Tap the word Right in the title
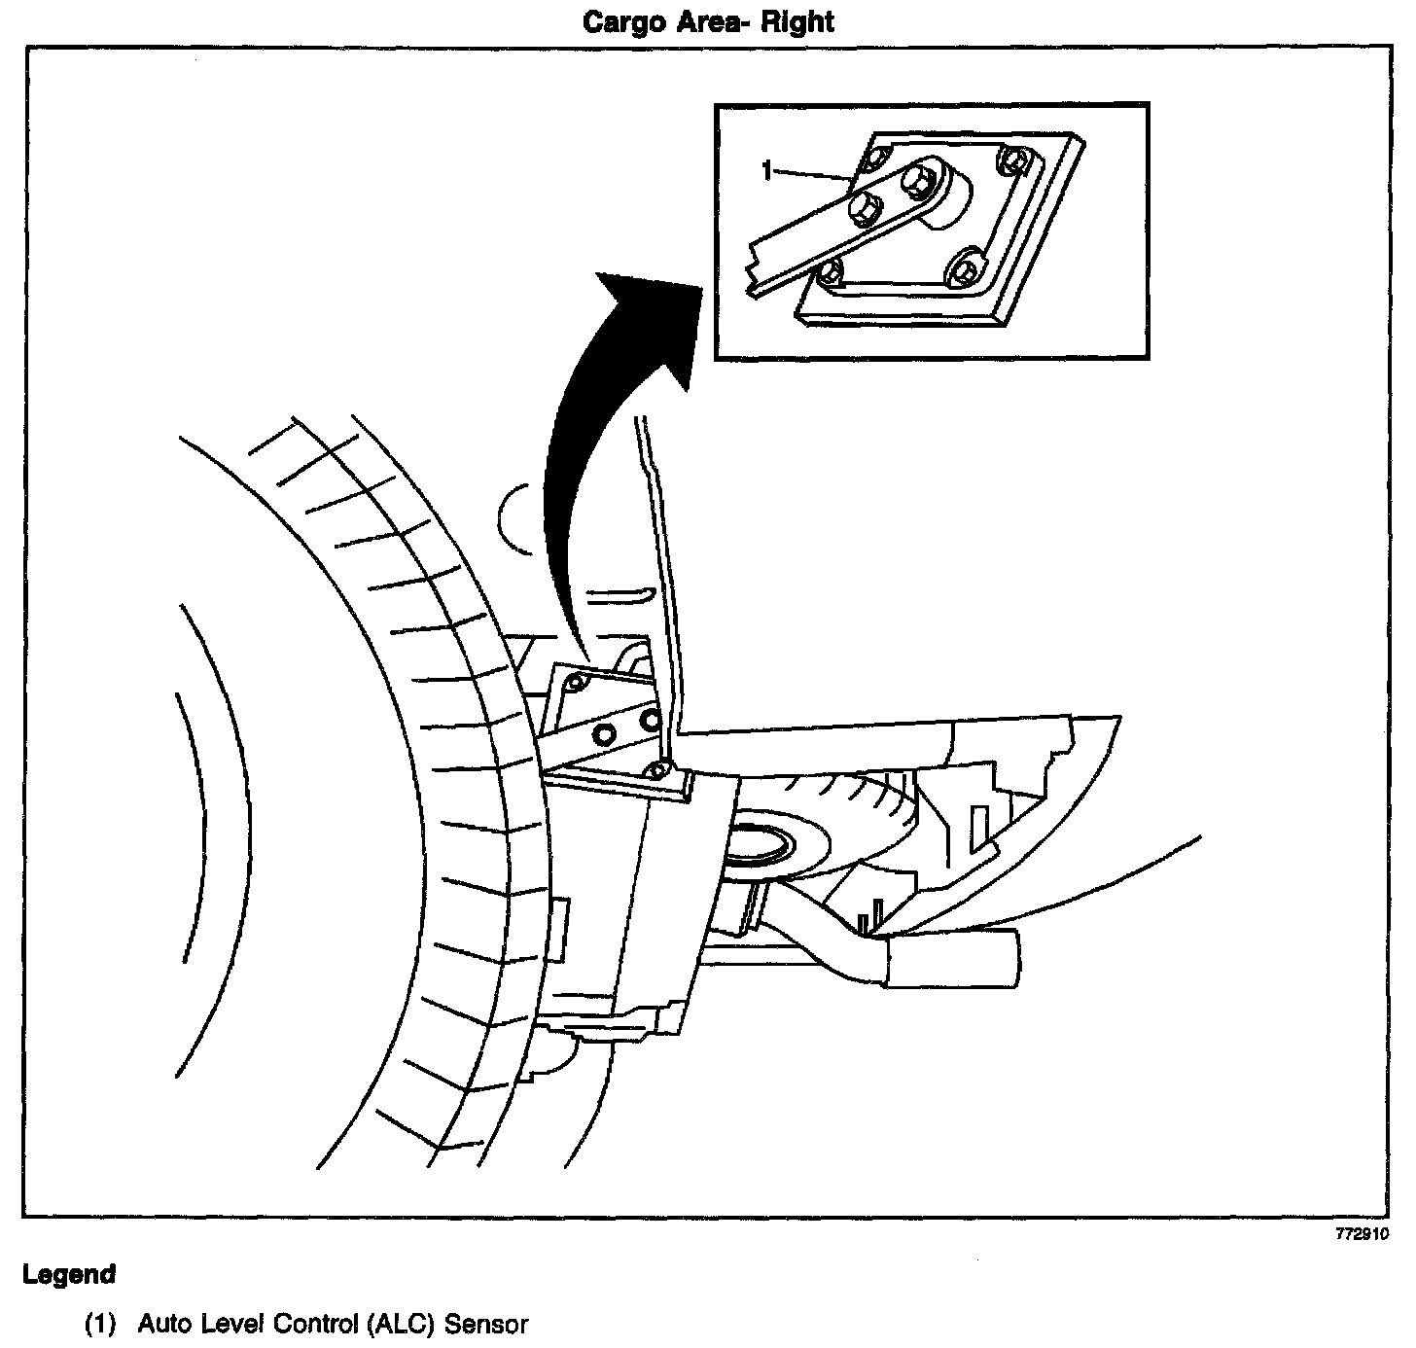pyautogui.click(x=796, y=21)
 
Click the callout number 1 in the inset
pyautogui.click(x=767, y=171)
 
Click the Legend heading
pyautogui.click(x=69, y=1274)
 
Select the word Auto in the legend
pyautogui.click(x=163, y=1325)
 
